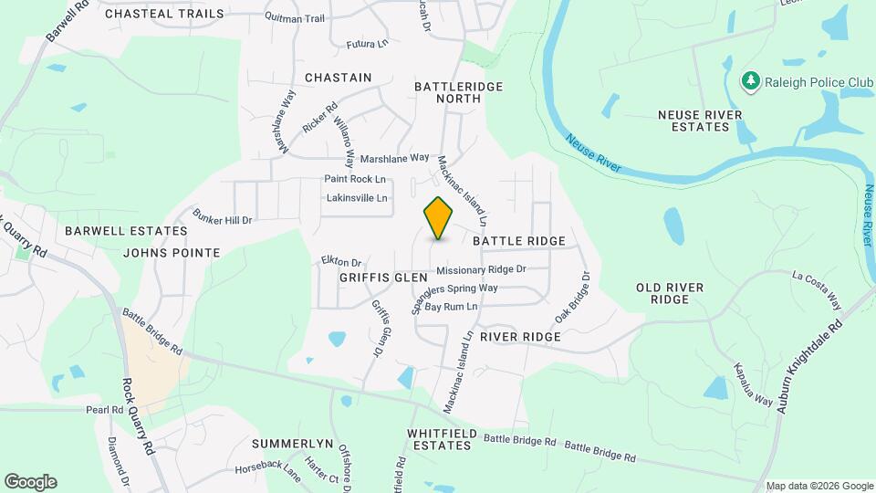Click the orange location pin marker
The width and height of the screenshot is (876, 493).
point(439,218)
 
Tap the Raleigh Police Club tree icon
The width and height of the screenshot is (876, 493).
point(752,81)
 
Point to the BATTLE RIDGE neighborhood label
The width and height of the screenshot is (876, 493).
point(519,241)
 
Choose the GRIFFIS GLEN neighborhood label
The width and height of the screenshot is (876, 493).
point(383,277)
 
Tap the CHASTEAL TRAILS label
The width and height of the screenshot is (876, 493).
point(164,14)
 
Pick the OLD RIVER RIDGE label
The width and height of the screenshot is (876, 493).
point(670,293)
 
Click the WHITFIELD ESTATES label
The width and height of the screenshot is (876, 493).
point(440,439)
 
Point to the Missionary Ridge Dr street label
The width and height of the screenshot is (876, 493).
point(481,270)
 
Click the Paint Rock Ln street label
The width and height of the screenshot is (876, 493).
point(355,179)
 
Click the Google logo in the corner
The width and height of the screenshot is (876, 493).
point(30,482)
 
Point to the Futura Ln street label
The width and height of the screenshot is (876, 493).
point(368,44)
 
